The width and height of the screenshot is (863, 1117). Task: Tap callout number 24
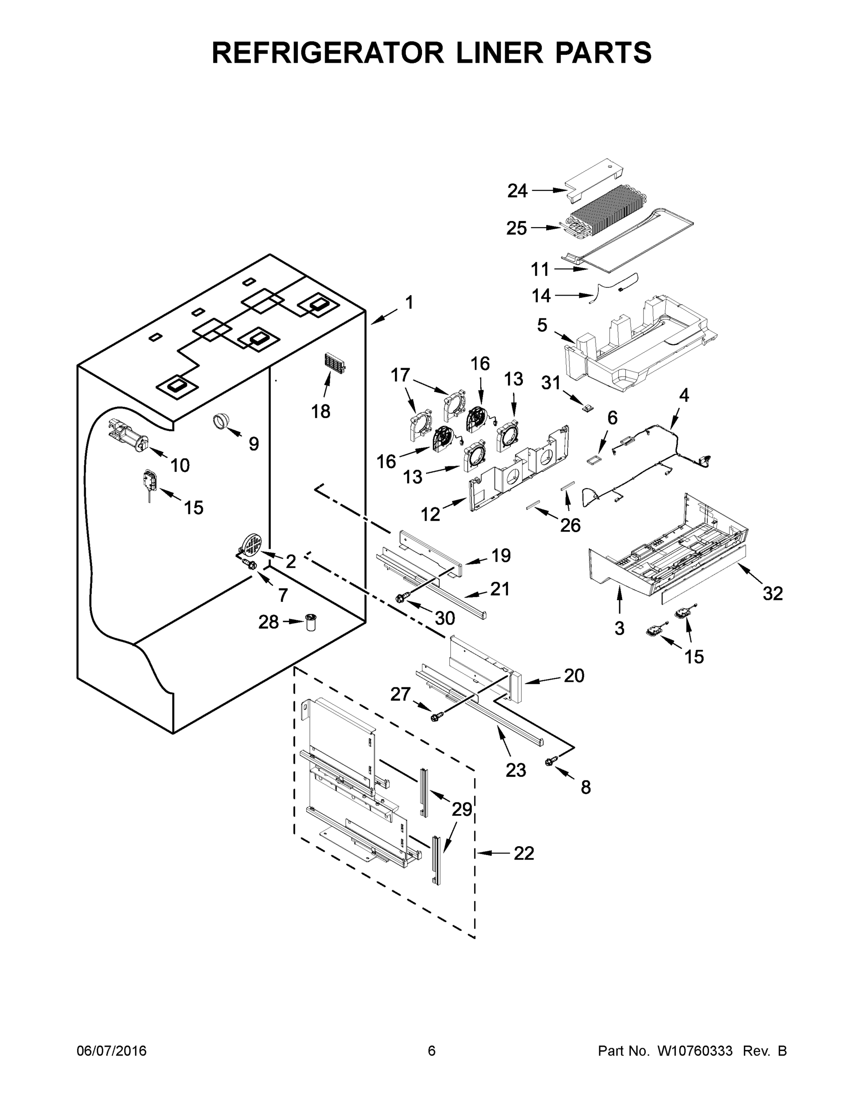tap(517, 191)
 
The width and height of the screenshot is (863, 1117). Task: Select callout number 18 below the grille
tap(321, 410)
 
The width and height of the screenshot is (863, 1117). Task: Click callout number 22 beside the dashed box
tap(523, 853)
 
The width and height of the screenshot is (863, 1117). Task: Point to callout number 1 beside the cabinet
tap(409, 303)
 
